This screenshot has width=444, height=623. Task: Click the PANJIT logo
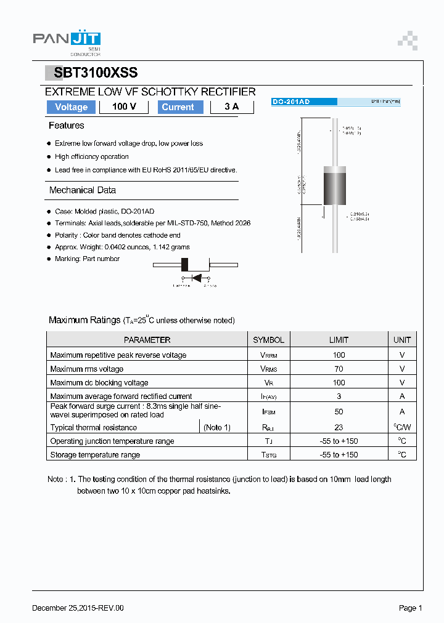point(66,40)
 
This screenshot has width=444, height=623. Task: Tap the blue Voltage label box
point(71,107)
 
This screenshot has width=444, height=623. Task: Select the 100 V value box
point(124,107)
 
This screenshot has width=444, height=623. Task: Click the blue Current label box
point(178,107)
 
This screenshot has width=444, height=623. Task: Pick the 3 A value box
point(232,107)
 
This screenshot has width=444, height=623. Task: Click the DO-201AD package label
point(291,102)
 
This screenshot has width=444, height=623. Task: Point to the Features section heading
point(67,126)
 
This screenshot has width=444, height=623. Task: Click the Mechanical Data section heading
point(83,190)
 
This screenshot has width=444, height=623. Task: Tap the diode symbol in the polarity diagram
point(197,278)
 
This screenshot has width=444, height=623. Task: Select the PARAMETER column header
point(147,340)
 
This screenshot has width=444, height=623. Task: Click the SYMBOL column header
point(269,340)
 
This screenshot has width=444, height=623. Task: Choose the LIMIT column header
point(339,340)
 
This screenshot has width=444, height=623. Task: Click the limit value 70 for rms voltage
point(339,369)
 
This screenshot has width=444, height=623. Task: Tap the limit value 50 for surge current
point(339,411)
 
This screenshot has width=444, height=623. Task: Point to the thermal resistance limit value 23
point(339,427)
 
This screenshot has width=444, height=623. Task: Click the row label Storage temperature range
point(95,455)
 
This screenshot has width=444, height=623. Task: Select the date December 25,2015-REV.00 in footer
point(78,608)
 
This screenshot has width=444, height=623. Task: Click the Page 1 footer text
point(410,608)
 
